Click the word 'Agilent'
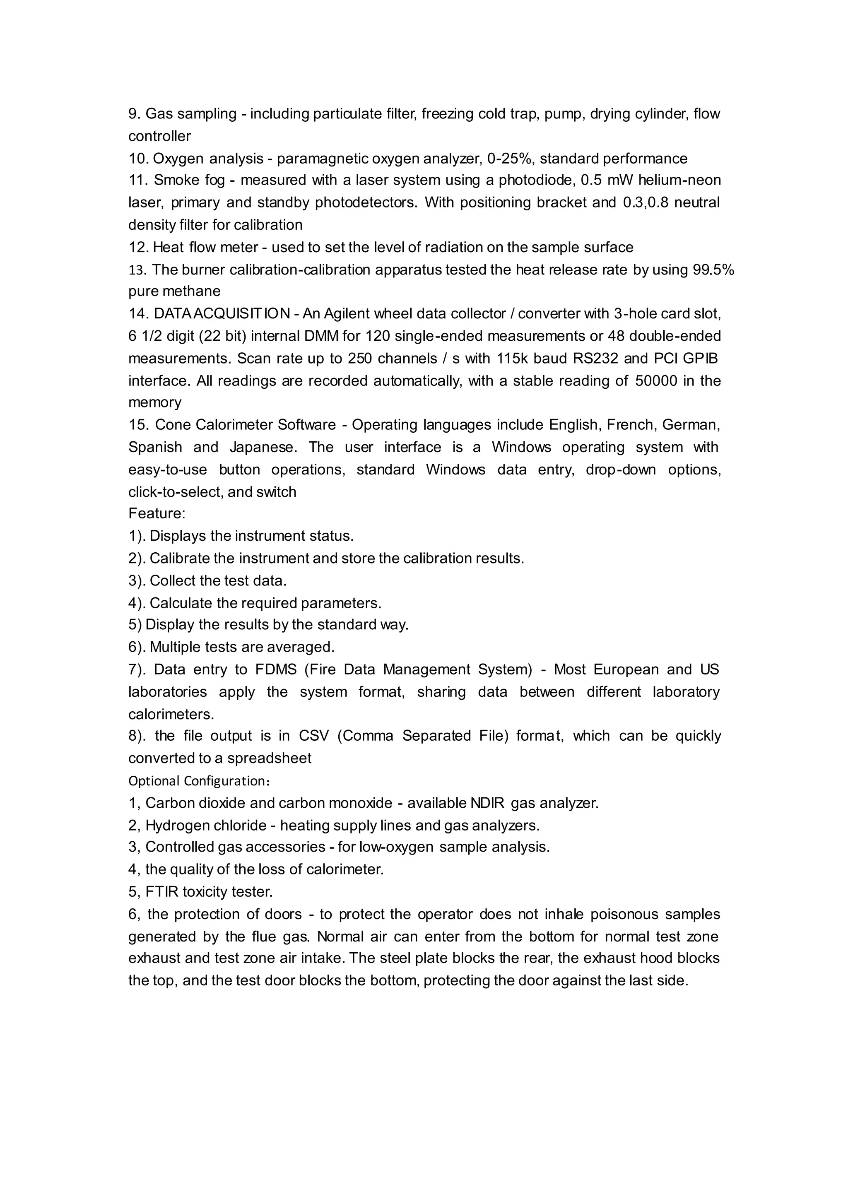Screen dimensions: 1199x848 coord(346,314)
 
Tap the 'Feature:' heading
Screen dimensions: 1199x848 coord(157,514)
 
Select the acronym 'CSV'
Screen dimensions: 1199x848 coord(314,736)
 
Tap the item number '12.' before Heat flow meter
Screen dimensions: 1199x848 coord(138,248)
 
